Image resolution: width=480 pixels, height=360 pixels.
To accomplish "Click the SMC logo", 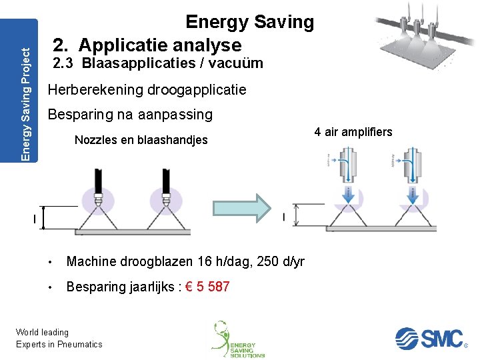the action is pyautogui.click(x=429, y=339).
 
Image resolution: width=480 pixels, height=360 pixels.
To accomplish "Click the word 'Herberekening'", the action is pyautogui.click(x=95, y=89).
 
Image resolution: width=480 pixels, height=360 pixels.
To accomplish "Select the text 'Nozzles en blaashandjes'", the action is pyautogui.click(x=141, y=140).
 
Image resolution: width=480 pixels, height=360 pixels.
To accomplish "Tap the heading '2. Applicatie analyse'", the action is pyautogui.click(x=147, y=45).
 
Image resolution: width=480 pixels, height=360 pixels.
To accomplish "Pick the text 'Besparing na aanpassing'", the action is pyautogui.click(x=130, y=115).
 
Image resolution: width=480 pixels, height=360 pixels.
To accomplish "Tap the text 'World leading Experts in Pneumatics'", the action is pyautogui.click(x=59, y=338).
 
